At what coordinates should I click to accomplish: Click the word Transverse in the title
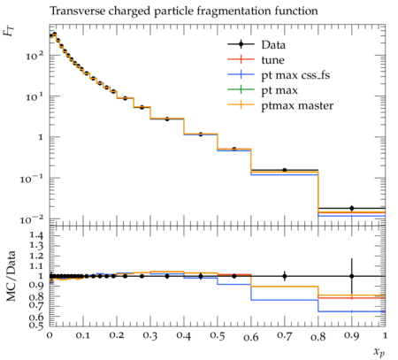point(77,11)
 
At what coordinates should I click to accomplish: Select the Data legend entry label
point(273,45)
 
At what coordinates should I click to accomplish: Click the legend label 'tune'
point(272,60)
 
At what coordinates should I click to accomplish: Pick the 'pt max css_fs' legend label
point(295,75)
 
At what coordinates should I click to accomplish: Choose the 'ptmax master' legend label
point(297,106)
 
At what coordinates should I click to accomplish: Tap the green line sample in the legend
point(241,89)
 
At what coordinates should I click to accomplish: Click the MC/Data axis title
point(11,276)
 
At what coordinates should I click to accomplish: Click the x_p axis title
point(379,352)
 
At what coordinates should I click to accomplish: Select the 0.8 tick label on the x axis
point(318,336)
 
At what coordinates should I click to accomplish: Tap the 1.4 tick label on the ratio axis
point(36,235)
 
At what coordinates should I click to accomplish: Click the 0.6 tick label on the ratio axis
point(36,317)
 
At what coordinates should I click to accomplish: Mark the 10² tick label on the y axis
point(34,55)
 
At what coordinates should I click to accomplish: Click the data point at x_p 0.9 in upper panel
point(351,208)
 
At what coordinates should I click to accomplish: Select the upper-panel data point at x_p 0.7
point(285,170)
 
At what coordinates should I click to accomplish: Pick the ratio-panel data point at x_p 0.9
point(351,276)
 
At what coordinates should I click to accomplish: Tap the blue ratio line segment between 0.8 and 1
point(352,311)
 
